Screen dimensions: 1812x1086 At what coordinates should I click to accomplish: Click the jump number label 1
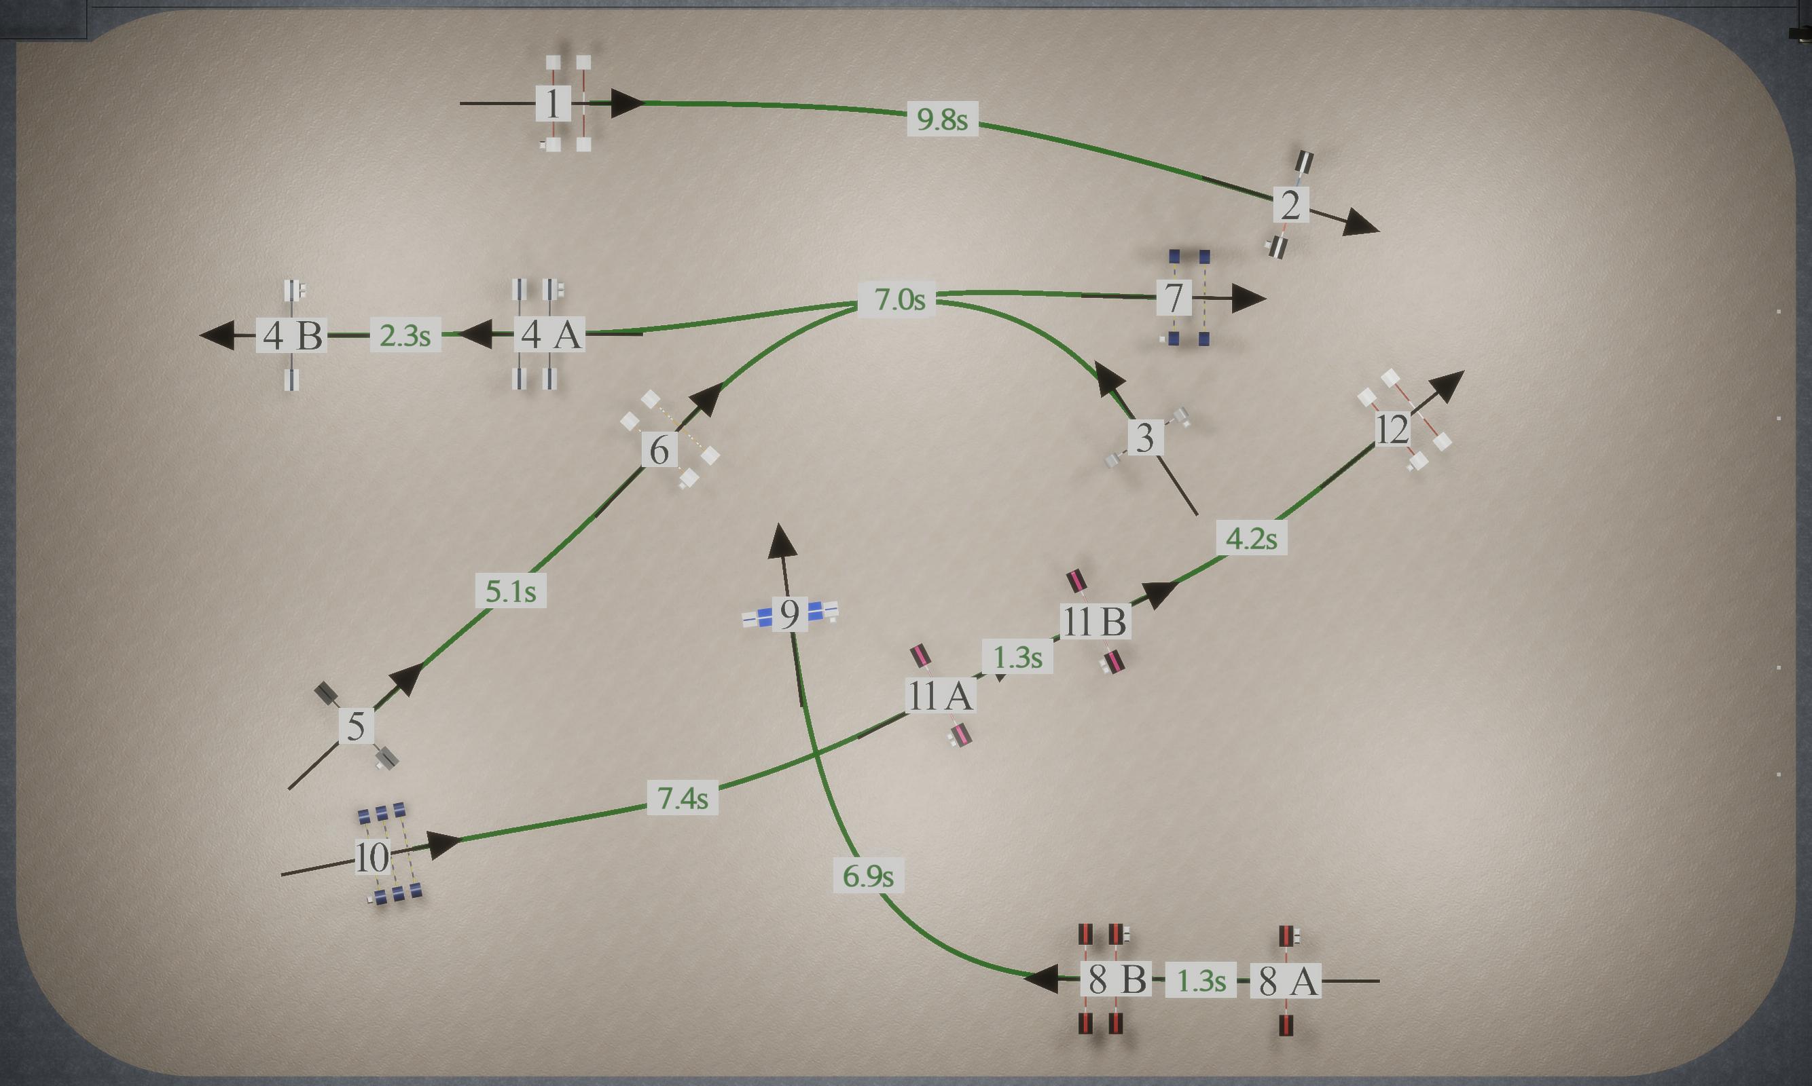tap(554, 103)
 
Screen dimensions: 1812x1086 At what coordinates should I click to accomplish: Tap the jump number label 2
tap(1290, 204)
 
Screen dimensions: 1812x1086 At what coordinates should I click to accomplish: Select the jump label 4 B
tap(292, 335)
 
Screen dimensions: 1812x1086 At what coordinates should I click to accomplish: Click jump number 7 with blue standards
tap(1174, 297)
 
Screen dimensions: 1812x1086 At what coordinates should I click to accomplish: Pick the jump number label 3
tap(1146, 437)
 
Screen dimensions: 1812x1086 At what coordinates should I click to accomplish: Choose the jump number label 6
tap(659, 449)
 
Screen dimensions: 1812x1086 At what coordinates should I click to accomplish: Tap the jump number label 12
tap(1392, 429)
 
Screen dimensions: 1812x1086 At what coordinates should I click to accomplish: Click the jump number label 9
tap(789, 614)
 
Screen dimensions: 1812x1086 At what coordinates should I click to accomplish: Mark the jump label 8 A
tap(1286, 981)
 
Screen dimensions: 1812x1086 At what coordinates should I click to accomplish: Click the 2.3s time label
tap(405, 335)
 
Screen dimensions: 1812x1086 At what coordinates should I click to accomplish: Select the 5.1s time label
tap(511, 591)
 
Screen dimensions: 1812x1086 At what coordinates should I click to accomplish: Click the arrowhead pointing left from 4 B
tap(217, 335)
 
